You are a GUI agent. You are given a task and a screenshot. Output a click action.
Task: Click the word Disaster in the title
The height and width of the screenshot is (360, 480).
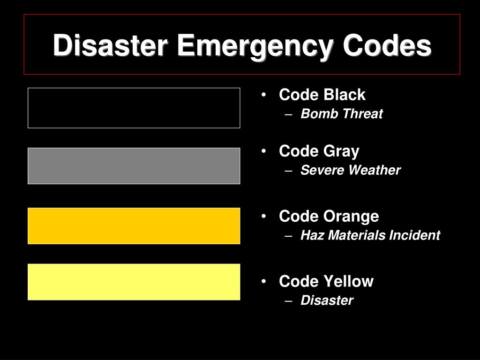pyautogui.click(x=111, y=46)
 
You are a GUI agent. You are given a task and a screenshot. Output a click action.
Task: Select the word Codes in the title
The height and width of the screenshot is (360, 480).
pyautogui.click(x=387, y=46)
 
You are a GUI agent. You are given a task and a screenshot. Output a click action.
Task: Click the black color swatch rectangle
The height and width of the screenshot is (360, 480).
pyautogui.click(x=134, y=108)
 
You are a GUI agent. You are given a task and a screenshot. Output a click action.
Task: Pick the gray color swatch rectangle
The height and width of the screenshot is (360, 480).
pyautogui.click(x=134, y=166)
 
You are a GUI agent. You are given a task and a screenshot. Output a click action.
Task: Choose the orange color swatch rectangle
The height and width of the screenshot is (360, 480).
pyautogui.click(x=134, y=226)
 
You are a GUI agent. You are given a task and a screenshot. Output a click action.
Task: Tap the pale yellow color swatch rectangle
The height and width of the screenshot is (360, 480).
pyautogui.click(x=134, y=282)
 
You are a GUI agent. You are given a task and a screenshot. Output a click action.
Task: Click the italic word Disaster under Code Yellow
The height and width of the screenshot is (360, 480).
pyautogui.click(x=327, y=300)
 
